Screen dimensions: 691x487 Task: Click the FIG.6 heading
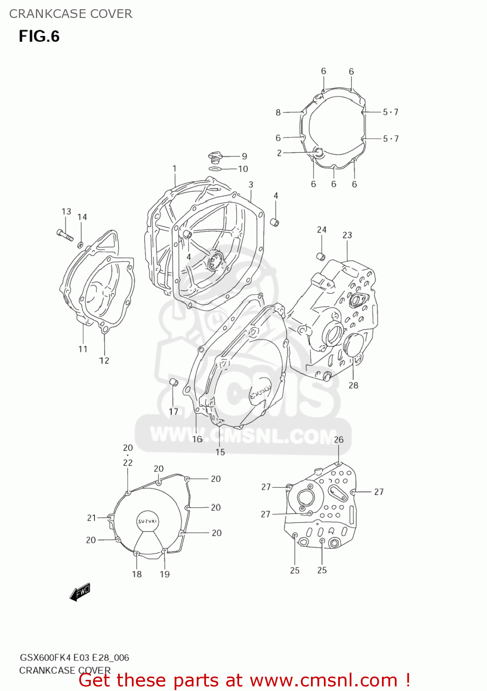[39, 36]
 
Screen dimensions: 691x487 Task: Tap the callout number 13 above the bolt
[66, 211]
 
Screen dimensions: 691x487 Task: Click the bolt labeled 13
[65, 235]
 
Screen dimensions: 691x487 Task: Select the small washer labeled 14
[81, 244]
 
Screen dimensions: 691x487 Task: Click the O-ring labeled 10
[215, 169]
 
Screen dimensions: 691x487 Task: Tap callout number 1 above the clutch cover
[175, 169]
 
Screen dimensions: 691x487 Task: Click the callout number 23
[347, 235]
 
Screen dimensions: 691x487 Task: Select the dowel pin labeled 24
[321, 256]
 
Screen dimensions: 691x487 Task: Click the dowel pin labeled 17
[173, 382]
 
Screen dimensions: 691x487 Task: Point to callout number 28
[353, 385]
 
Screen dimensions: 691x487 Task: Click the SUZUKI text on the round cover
[147, 521]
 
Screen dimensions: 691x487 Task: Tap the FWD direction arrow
[80, 591]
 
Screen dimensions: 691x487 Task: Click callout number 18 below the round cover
[137, 574]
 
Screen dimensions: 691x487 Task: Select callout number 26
[339, 439]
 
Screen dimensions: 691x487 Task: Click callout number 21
[92, 518]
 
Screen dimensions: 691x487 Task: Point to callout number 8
[278, 112]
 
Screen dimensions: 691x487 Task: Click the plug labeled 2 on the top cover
[317, 152]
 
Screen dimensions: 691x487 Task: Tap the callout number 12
[104, 360]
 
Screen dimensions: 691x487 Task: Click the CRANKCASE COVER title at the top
[70, 14]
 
